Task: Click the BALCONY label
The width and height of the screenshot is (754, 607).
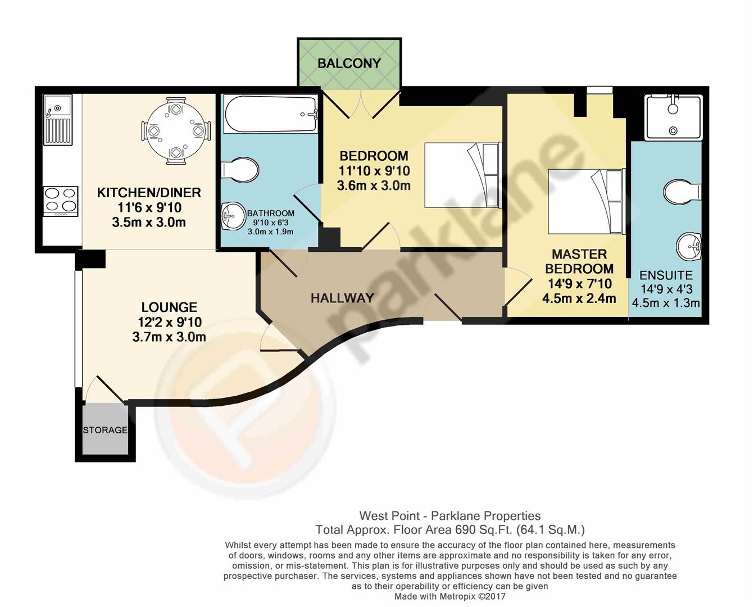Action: point(349,63)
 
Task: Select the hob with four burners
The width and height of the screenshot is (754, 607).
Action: point(60,200)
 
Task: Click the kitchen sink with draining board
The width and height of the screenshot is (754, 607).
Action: point(58,120)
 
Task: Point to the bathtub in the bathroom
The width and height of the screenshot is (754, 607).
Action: point(271,115)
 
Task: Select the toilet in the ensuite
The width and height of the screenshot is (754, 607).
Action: point(682,191)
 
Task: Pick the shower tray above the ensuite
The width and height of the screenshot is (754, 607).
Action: point(673,117)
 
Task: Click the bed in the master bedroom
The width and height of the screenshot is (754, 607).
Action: point(586,201)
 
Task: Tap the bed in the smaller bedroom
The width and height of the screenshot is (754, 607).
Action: point(462,175)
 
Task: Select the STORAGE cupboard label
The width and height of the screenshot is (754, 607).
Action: point(105,430)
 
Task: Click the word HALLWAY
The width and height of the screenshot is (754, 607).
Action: point(342,298)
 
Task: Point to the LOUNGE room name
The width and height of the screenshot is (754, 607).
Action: point(169,307)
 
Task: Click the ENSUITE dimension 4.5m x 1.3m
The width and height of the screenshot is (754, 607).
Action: point(666,303)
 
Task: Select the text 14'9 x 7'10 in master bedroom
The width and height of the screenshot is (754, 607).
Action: point(579,284)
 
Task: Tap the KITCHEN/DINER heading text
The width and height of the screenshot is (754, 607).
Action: point(149,193)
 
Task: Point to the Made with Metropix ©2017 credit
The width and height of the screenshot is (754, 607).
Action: point(449,596)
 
